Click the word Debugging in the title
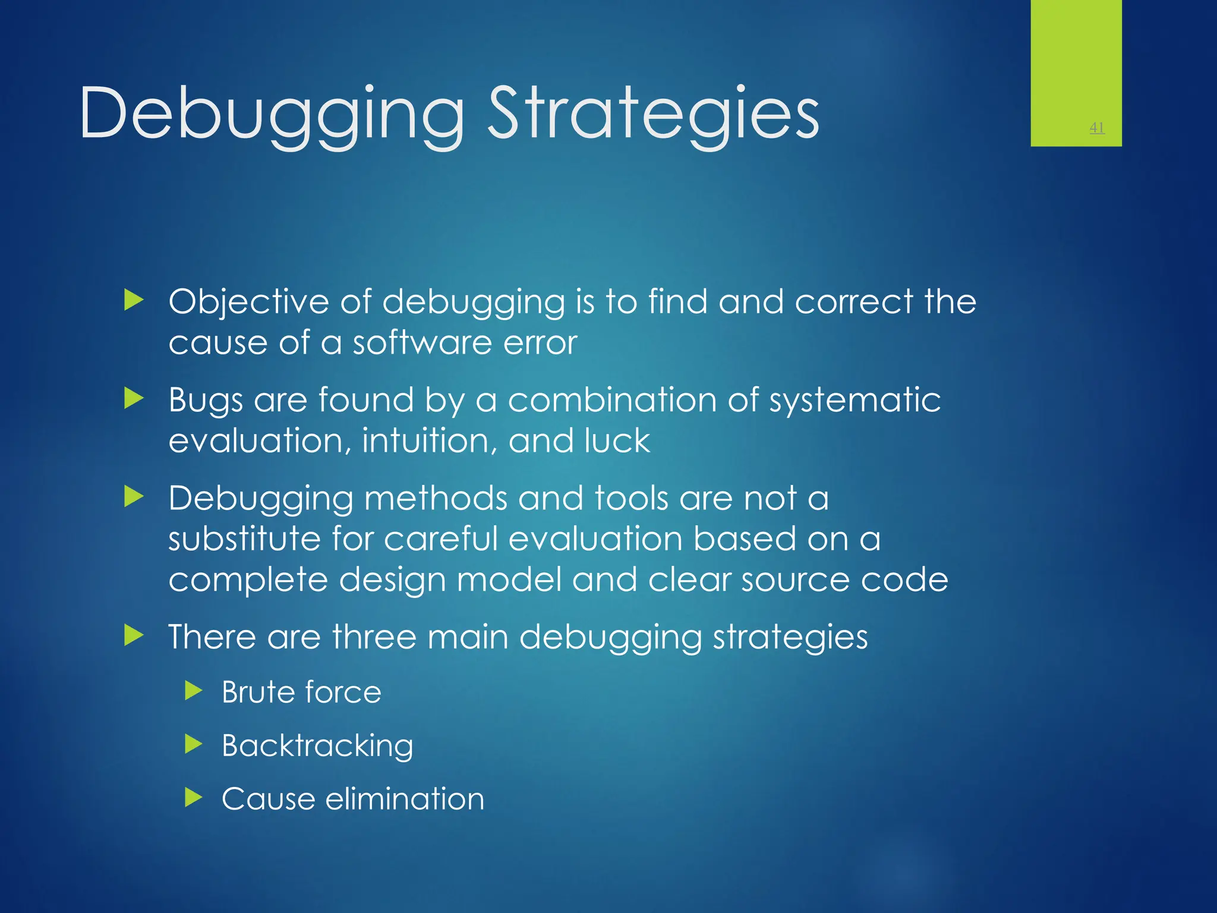tap(271, 114)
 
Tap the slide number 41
tap(1097, 127)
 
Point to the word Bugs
tap(206, 401)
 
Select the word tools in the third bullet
tap(631, 498)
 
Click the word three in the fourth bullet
tap(374, 637)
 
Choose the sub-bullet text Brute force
tap(301, 692)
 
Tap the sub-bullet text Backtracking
tap(317, 746)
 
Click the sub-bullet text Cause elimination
tap(353, 799)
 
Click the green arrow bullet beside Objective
tap(134, 301)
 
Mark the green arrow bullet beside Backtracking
tap(193, 744)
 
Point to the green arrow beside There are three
tap(134, 635)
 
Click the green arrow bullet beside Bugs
tap(134, 399)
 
